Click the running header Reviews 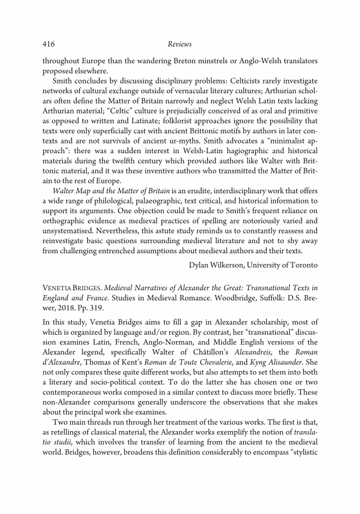click(179, 43)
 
